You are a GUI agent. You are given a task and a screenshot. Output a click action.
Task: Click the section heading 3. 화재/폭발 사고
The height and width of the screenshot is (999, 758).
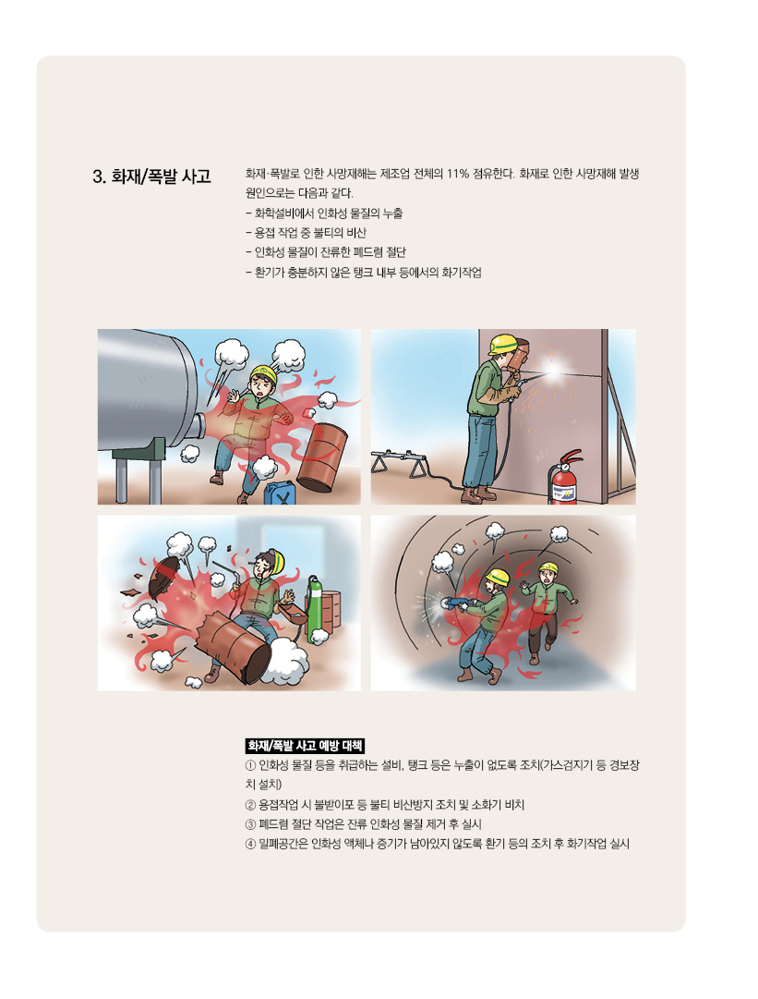pos(151,177)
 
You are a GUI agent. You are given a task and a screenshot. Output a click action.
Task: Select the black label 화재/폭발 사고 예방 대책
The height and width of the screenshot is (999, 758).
pos(305,746)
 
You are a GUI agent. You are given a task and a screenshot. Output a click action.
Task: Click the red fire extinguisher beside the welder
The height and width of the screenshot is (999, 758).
pos(564,477)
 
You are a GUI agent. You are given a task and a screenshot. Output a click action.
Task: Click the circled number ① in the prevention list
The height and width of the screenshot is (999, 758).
pos(251,765)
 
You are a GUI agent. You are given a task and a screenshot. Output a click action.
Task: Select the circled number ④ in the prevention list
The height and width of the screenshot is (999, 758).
pos(251,844)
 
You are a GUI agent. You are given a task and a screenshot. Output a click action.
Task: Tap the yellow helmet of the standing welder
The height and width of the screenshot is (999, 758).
pos(502,344)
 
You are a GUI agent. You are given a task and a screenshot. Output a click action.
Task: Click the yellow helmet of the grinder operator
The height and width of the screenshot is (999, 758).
pos(498,578)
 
